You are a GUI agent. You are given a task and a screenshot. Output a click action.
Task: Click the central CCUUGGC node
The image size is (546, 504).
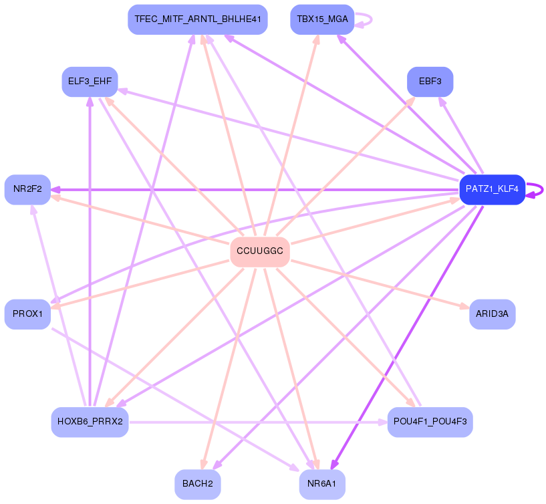click(x=259, y=251)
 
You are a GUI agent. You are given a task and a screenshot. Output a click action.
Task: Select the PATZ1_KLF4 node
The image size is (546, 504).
click(x=492, y=189)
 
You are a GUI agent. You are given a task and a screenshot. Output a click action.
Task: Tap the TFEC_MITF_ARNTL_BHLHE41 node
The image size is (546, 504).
click(x=197, y=19)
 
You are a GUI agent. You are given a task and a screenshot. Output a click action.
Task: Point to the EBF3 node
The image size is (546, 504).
click(x=430, y=82)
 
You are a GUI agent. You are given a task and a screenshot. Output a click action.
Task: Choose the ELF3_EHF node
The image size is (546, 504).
click(x=90, y=82)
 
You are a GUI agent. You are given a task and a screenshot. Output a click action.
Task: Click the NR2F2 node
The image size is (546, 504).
click(x=27, y=189)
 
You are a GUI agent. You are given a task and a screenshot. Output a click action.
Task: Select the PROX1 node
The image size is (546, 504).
click(x=27, y=314)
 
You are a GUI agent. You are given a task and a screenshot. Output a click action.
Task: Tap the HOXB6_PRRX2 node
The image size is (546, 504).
click(x=90, y=421)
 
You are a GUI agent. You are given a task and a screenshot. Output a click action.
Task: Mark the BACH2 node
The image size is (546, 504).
click(x=197, y=484)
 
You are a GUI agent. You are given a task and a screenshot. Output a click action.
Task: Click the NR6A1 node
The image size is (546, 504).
click(x=321, y=484)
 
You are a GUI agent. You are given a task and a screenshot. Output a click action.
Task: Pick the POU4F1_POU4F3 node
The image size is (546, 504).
click(x=430, y=421)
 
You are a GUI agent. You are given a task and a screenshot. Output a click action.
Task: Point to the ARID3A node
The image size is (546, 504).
click(x=492, y=314)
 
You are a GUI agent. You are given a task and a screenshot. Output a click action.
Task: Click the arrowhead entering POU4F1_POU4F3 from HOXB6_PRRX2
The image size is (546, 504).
click(x=382, y=422)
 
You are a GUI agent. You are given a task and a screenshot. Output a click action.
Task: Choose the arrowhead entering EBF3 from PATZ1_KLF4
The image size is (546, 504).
click(x=442, y=101)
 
